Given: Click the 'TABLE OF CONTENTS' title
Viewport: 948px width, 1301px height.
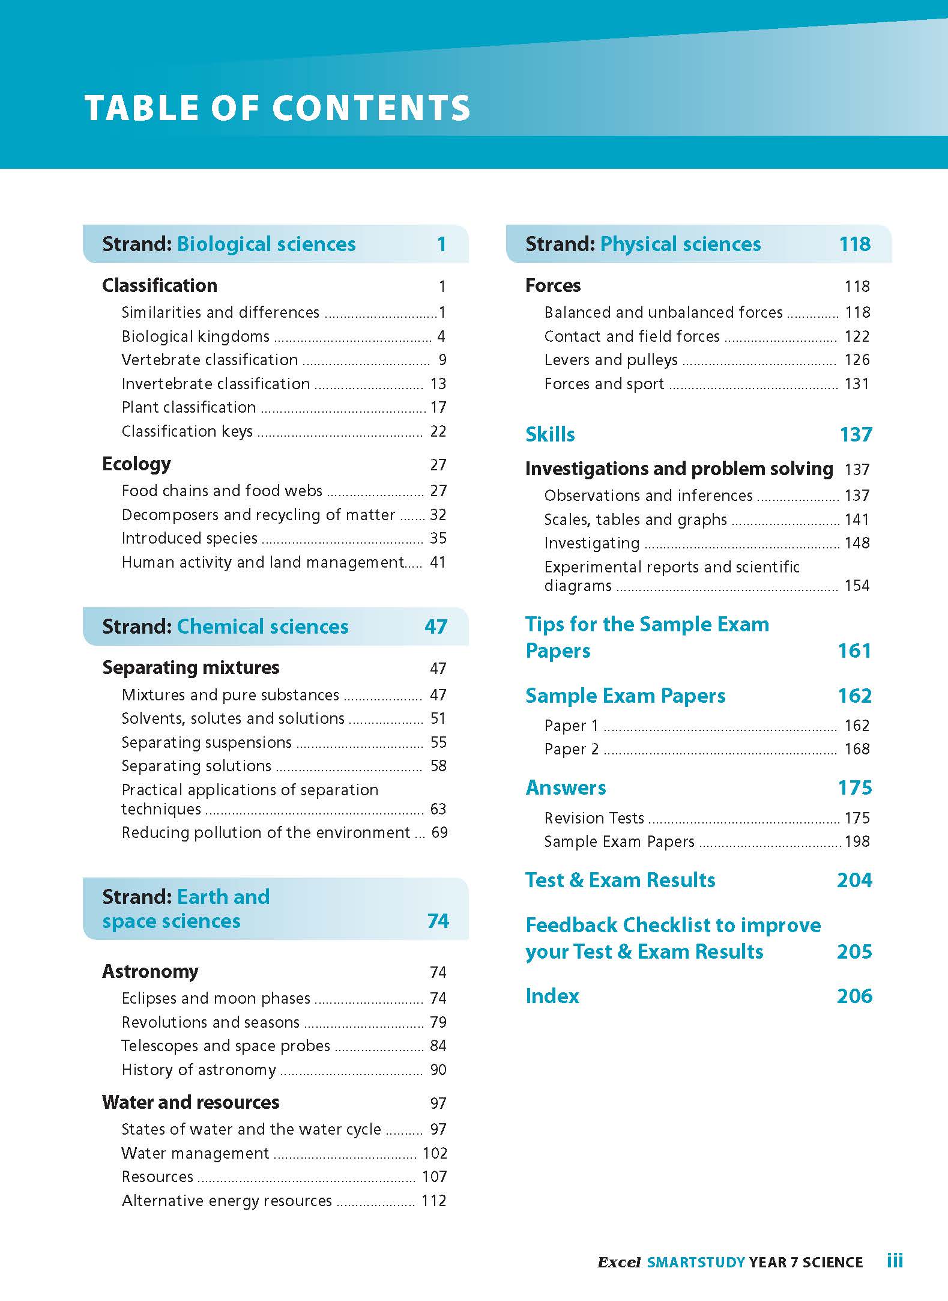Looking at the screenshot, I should coord(277,108).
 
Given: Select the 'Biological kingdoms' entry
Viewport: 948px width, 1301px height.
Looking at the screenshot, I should coord(195,336).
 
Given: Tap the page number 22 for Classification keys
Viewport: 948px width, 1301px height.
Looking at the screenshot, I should coord(438,431).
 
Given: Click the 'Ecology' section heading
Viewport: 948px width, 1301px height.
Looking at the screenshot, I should coord(136,464).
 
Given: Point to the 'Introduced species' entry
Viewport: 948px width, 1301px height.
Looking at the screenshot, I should coord(189,538).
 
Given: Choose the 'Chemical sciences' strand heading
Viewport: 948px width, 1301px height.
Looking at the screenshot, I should coord(262,626).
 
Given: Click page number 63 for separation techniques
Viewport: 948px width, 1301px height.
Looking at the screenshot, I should coord(438,809).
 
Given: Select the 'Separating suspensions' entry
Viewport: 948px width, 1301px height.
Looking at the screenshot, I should coord(207,742).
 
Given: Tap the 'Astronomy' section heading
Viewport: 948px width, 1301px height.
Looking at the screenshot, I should coord(150,971).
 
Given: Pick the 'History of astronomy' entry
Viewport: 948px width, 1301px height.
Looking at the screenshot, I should coord(199,1070).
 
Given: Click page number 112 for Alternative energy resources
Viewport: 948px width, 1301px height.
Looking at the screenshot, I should coord(433,1201).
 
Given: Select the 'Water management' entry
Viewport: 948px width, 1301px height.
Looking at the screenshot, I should coord(195,1153).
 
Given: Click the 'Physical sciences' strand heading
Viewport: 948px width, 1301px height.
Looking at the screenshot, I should coord(680,244).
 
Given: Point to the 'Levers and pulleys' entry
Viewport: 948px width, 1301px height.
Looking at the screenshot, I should coord(611,360).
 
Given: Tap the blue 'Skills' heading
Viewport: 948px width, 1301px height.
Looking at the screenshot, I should coord(550,434).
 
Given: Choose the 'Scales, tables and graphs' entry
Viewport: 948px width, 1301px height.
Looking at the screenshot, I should coord(635,520).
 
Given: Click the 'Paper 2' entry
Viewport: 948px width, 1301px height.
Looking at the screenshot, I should coord(571,749).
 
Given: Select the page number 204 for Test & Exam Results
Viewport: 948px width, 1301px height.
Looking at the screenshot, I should coord(854,880).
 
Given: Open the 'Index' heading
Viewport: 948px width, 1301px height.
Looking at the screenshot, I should coord(552,996).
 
